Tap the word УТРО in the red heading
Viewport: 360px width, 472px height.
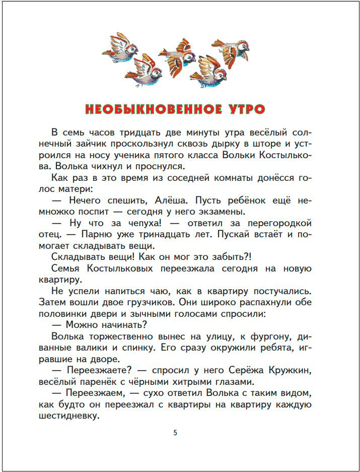(242, 109)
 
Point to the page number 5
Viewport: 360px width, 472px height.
(175, 432)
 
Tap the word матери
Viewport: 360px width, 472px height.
(73, 189)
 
